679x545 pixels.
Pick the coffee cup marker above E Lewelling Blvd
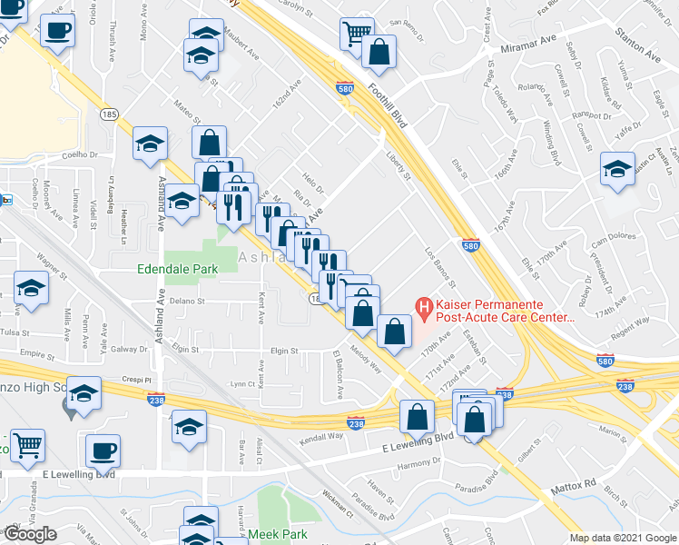click(103, 451)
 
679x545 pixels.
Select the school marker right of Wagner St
click(32, 290)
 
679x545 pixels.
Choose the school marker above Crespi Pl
click(84, 393)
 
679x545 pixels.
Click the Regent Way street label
click(630, 322)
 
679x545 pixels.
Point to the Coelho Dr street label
click(80, 155)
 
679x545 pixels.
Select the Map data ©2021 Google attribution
click(623, 538)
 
